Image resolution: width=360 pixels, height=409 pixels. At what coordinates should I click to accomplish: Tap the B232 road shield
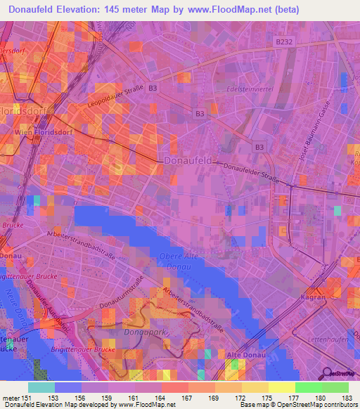284,42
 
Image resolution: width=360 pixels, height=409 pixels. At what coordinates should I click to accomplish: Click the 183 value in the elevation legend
346,398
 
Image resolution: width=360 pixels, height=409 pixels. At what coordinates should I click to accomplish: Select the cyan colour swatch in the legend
41,387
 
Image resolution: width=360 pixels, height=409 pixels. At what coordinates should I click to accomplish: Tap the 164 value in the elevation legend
160,398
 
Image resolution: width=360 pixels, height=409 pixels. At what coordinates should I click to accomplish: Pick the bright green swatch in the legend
308,387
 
